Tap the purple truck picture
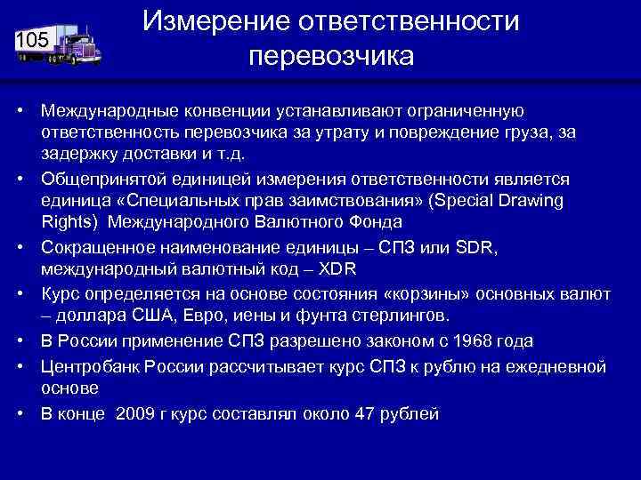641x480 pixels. (76, 44)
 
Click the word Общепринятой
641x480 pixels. (97, 179)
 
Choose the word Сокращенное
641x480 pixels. (95, 247)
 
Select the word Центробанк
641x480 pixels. (87, 366)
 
